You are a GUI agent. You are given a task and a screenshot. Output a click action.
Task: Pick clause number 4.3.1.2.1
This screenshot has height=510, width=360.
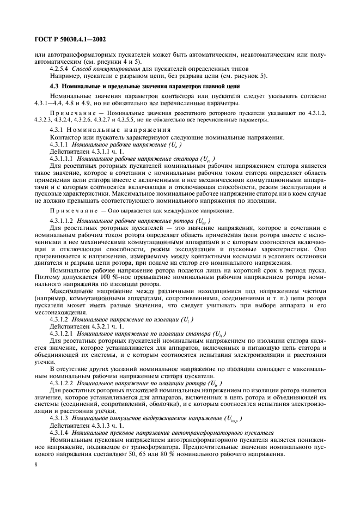coord(62,332)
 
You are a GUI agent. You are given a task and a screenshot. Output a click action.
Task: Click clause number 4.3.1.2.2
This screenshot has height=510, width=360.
coord(62,382)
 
